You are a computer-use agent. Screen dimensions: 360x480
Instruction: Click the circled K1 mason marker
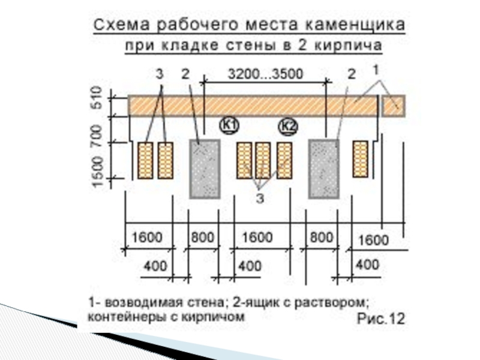click(229, 125)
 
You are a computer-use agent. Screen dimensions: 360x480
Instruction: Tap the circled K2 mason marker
click(289, 127)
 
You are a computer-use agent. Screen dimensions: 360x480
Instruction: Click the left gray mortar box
click(205, 169)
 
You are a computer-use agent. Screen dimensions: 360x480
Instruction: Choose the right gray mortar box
click(324, 169)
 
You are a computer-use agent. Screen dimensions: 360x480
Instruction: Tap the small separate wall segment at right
click(394, 105)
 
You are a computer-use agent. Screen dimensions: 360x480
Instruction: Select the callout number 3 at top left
click(159, 74)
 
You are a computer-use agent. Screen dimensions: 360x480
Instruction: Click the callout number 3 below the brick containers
click(260, 199)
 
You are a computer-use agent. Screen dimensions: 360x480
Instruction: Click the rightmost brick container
click(360, 159)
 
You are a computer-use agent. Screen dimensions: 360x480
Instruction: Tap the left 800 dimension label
click(202, 237)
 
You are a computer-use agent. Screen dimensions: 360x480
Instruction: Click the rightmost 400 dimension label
click(367, 265)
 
